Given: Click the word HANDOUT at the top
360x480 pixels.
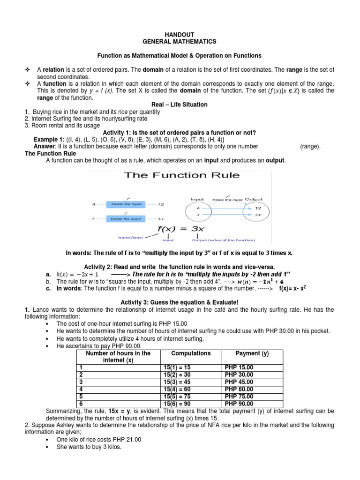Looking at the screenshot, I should coord(180,34).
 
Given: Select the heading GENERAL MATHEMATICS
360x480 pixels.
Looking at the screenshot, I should coord(180,41).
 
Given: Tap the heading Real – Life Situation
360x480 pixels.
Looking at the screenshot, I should coord(180,105).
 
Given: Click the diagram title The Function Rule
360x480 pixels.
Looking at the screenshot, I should coord(181,176).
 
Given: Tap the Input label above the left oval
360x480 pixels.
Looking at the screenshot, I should coord(197,199).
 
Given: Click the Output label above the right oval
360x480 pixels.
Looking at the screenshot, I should coord(254,199).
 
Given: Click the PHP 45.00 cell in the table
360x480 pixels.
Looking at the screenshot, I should coord(239,382).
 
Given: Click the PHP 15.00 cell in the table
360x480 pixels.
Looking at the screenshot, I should coord(239,367).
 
